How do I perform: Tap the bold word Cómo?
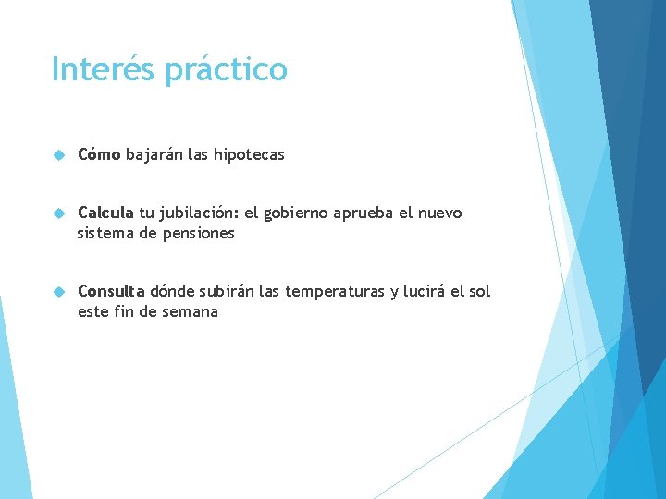[99, 154]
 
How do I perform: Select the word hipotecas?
[249, 155]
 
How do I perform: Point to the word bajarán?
[154, 155]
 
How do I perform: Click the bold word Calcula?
[106, 213]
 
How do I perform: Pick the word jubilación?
[199, 213]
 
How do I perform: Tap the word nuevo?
[440, 213]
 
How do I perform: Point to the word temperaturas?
[336, 292]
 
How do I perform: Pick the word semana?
[190, 311]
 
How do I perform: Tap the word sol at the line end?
[480, 291]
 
